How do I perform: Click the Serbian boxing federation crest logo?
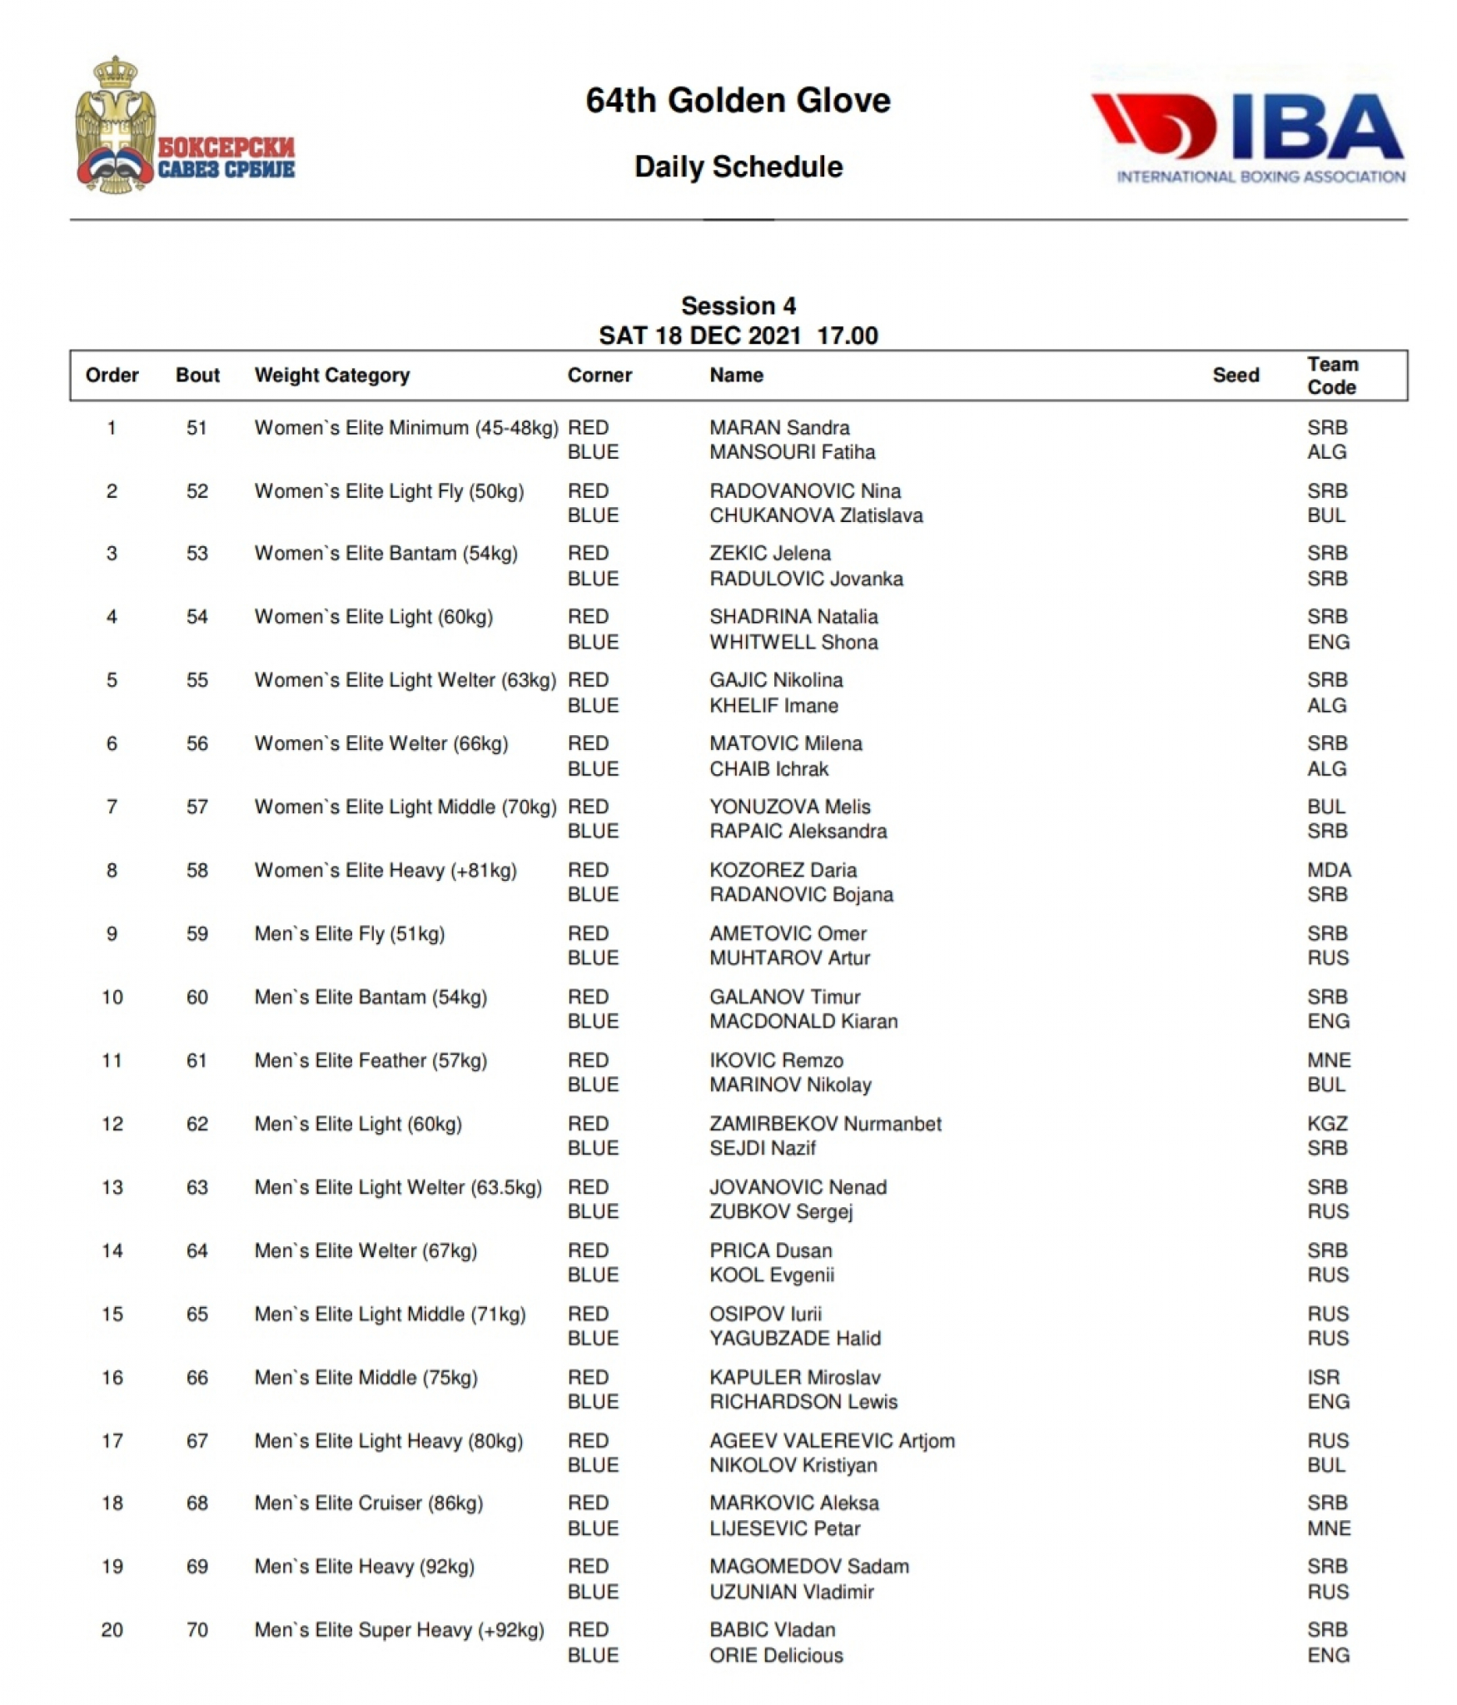click(x=183, y=127)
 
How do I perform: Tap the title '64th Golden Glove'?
click(x=738, y=101)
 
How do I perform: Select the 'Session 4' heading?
click(x=738, y=306)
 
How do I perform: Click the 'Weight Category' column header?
click(x=331, y=375)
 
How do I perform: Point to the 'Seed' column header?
click(x=1235, y=375)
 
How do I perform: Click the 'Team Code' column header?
click(x=1331, y=375)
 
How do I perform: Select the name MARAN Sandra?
click(x=778, y=428)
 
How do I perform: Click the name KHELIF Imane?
click(x=773, y=705)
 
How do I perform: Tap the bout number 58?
click(x=196, y=870)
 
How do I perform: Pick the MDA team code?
click(x=1328, y=870)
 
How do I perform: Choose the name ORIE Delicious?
click(x=775, y=1655)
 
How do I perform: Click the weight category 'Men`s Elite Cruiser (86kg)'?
click(x=368, y=1503)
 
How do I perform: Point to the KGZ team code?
click(x=1326, y=1124)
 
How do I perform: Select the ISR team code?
click(x=1322, y=1377)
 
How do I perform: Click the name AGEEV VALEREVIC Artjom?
click(x=831, y=1440)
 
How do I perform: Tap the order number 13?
click(x=112, y=1187)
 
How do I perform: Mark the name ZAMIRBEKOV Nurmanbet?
click(x=824, y=1124)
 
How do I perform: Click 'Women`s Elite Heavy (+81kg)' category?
click(x=385, y=870)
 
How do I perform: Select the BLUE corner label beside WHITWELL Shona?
click(x=593, y=642)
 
